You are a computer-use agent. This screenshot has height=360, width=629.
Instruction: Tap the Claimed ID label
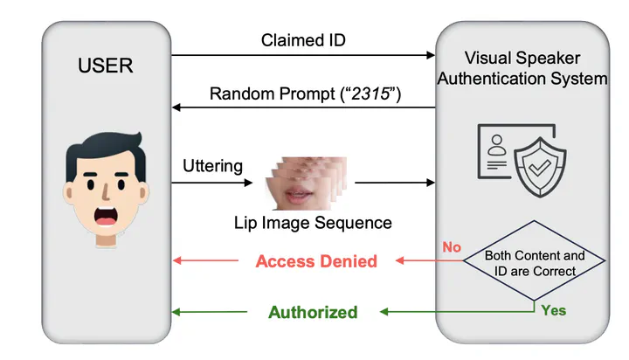[x=302, y=41]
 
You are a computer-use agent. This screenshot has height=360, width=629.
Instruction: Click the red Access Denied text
[x=316, y=260]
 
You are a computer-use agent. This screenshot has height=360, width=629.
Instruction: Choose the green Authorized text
[x=313, y=312]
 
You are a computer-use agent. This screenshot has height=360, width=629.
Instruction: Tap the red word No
[x=452, y=247]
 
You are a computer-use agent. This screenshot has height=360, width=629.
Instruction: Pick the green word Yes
[x=553, y=310]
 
